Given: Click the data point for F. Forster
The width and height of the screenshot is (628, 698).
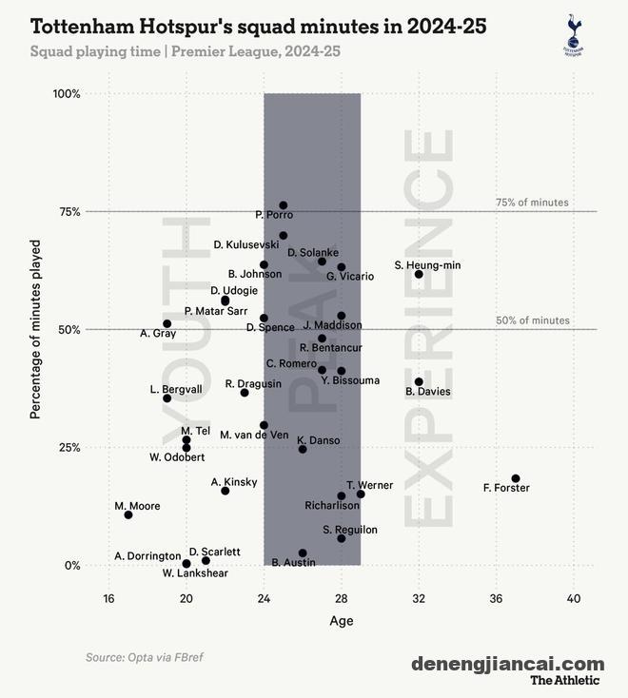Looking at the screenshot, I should coord(516,478).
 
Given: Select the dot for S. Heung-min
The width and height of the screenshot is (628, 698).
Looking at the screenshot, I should coord(419,274).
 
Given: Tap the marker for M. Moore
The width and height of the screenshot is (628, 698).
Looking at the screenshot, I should coord(128,514).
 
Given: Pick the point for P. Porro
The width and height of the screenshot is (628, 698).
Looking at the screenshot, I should coord(284,205).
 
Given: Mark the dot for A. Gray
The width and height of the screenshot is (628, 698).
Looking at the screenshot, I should coord(167,323).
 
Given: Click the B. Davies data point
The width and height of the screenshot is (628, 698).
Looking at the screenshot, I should coord(419,381).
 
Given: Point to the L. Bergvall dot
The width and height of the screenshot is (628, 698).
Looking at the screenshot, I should coord(167,398).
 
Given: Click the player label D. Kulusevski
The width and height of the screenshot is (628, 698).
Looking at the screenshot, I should coord(246,244).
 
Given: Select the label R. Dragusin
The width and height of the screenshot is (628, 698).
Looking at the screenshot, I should coord(253,383).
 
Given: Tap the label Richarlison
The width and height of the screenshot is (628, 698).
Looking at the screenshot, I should coord(332,506).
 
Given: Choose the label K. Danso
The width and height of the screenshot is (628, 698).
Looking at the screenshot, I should coord(318,440).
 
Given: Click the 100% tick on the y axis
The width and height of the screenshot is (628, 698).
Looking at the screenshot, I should coord(67,94).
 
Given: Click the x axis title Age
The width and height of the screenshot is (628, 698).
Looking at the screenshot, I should coord(341,621).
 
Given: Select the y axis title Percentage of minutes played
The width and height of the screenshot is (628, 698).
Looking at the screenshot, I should coord(35,329).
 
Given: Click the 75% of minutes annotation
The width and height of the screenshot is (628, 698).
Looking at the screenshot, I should coord(532,203).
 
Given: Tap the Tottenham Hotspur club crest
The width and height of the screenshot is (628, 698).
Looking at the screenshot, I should coord(573,34).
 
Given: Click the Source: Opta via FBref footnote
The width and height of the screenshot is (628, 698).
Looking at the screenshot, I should coord(145,657).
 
